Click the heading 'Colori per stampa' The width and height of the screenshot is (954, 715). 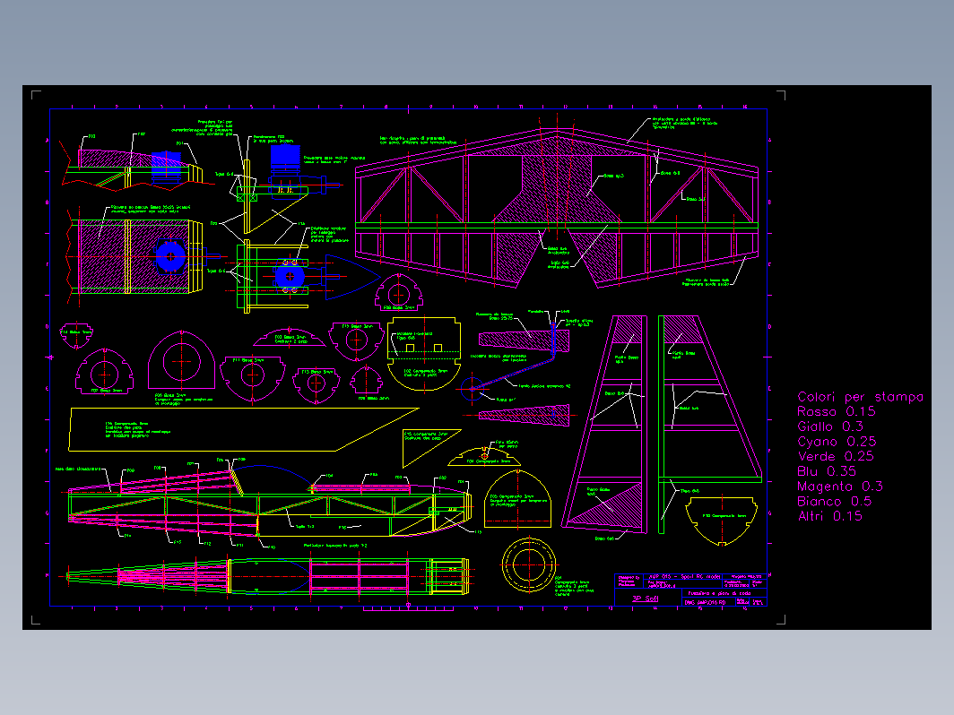[x=860, y=397]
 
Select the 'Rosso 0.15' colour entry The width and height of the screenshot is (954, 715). [x=836, y=412]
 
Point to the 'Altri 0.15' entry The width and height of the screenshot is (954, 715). [x=829, y=516]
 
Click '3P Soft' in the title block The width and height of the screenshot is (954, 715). [x=645, y=599]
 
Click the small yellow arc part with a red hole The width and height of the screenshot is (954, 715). [x=484, y=455]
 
